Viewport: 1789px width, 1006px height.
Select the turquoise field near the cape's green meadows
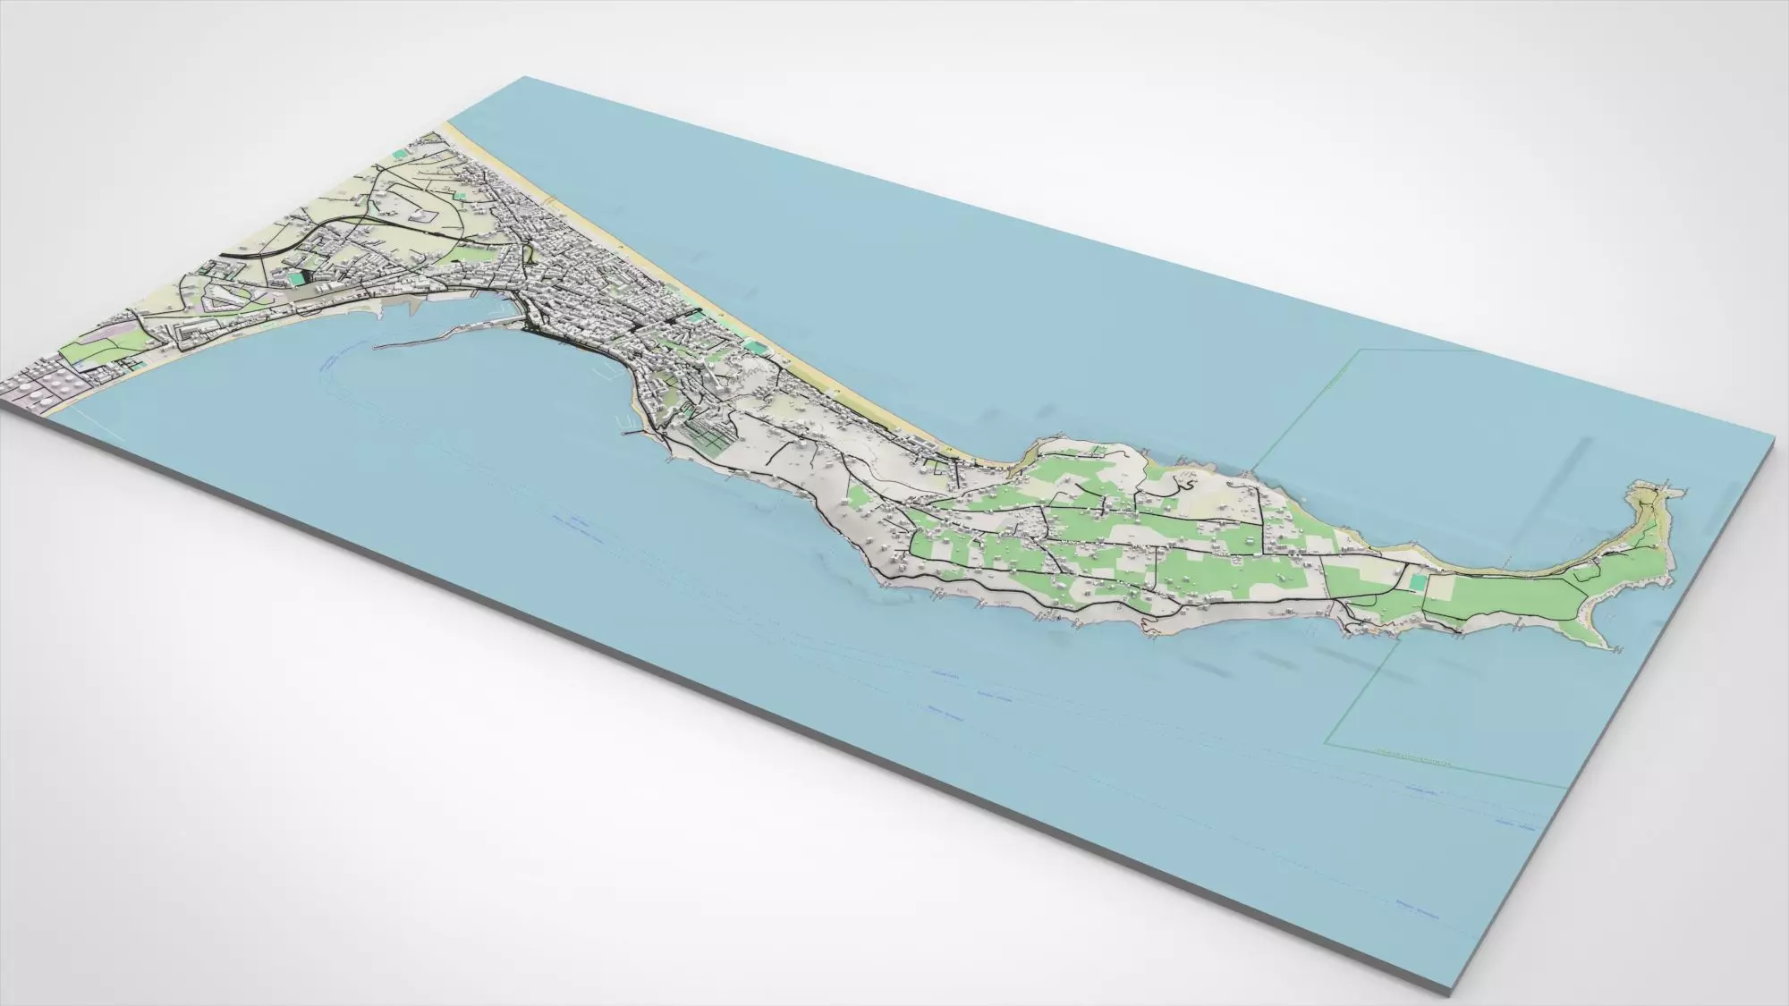(x=1416, y=580)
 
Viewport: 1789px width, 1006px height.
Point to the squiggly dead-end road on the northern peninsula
(x=1183, y=484)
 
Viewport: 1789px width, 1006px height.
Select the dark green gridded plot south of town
(x=707, y=435)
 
